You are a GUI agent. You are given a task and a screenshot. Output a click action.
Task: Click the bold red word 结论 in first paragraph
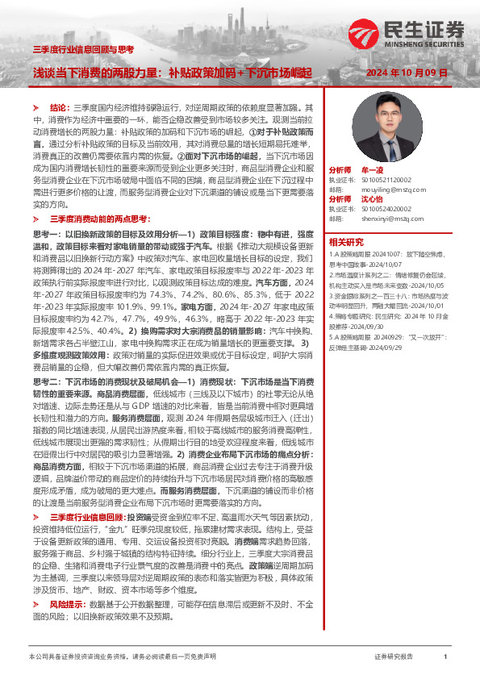coord(60,106)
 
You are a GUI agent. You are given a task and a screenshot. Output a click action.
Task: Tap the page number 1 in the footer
coord(445,657)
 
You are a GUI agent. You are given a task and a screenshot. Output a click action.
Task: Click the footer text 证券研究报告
coord(394,657)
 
